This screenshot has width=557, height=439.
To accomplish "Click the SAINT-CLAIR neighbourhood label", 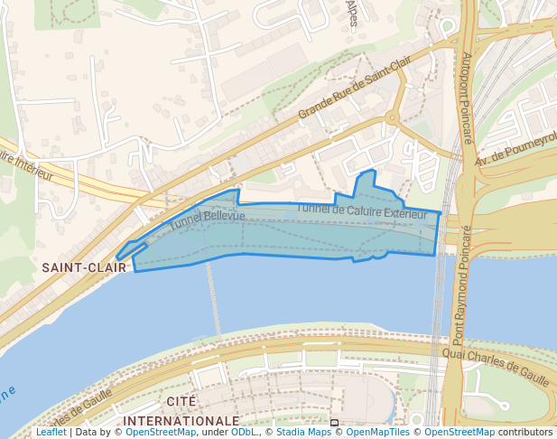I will [83, 267].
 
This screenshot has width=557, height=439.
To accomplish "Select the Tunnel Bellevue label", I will [207, 219].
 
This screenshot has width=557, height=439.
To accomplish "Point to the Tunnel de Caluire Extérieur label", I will [361, 211].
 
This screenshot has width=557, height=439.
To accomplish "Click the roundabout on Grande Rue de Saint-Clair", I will [392, 117].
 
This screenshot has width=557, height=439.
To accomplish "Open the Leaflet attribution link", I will [51, 433].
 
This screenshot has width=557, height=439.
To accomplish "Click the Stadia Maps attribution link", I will [303, 433].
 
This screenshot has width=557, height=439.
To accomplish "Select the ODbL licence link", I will [244, 433].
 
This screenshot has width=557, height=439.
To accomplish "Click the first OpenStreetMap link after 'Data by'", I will [160, 433].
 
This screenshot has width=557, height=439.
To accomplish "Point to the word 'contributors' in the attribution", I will [525, 433].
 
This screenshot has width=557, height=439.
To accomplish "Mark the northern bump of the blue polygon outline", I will [367, 173].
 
